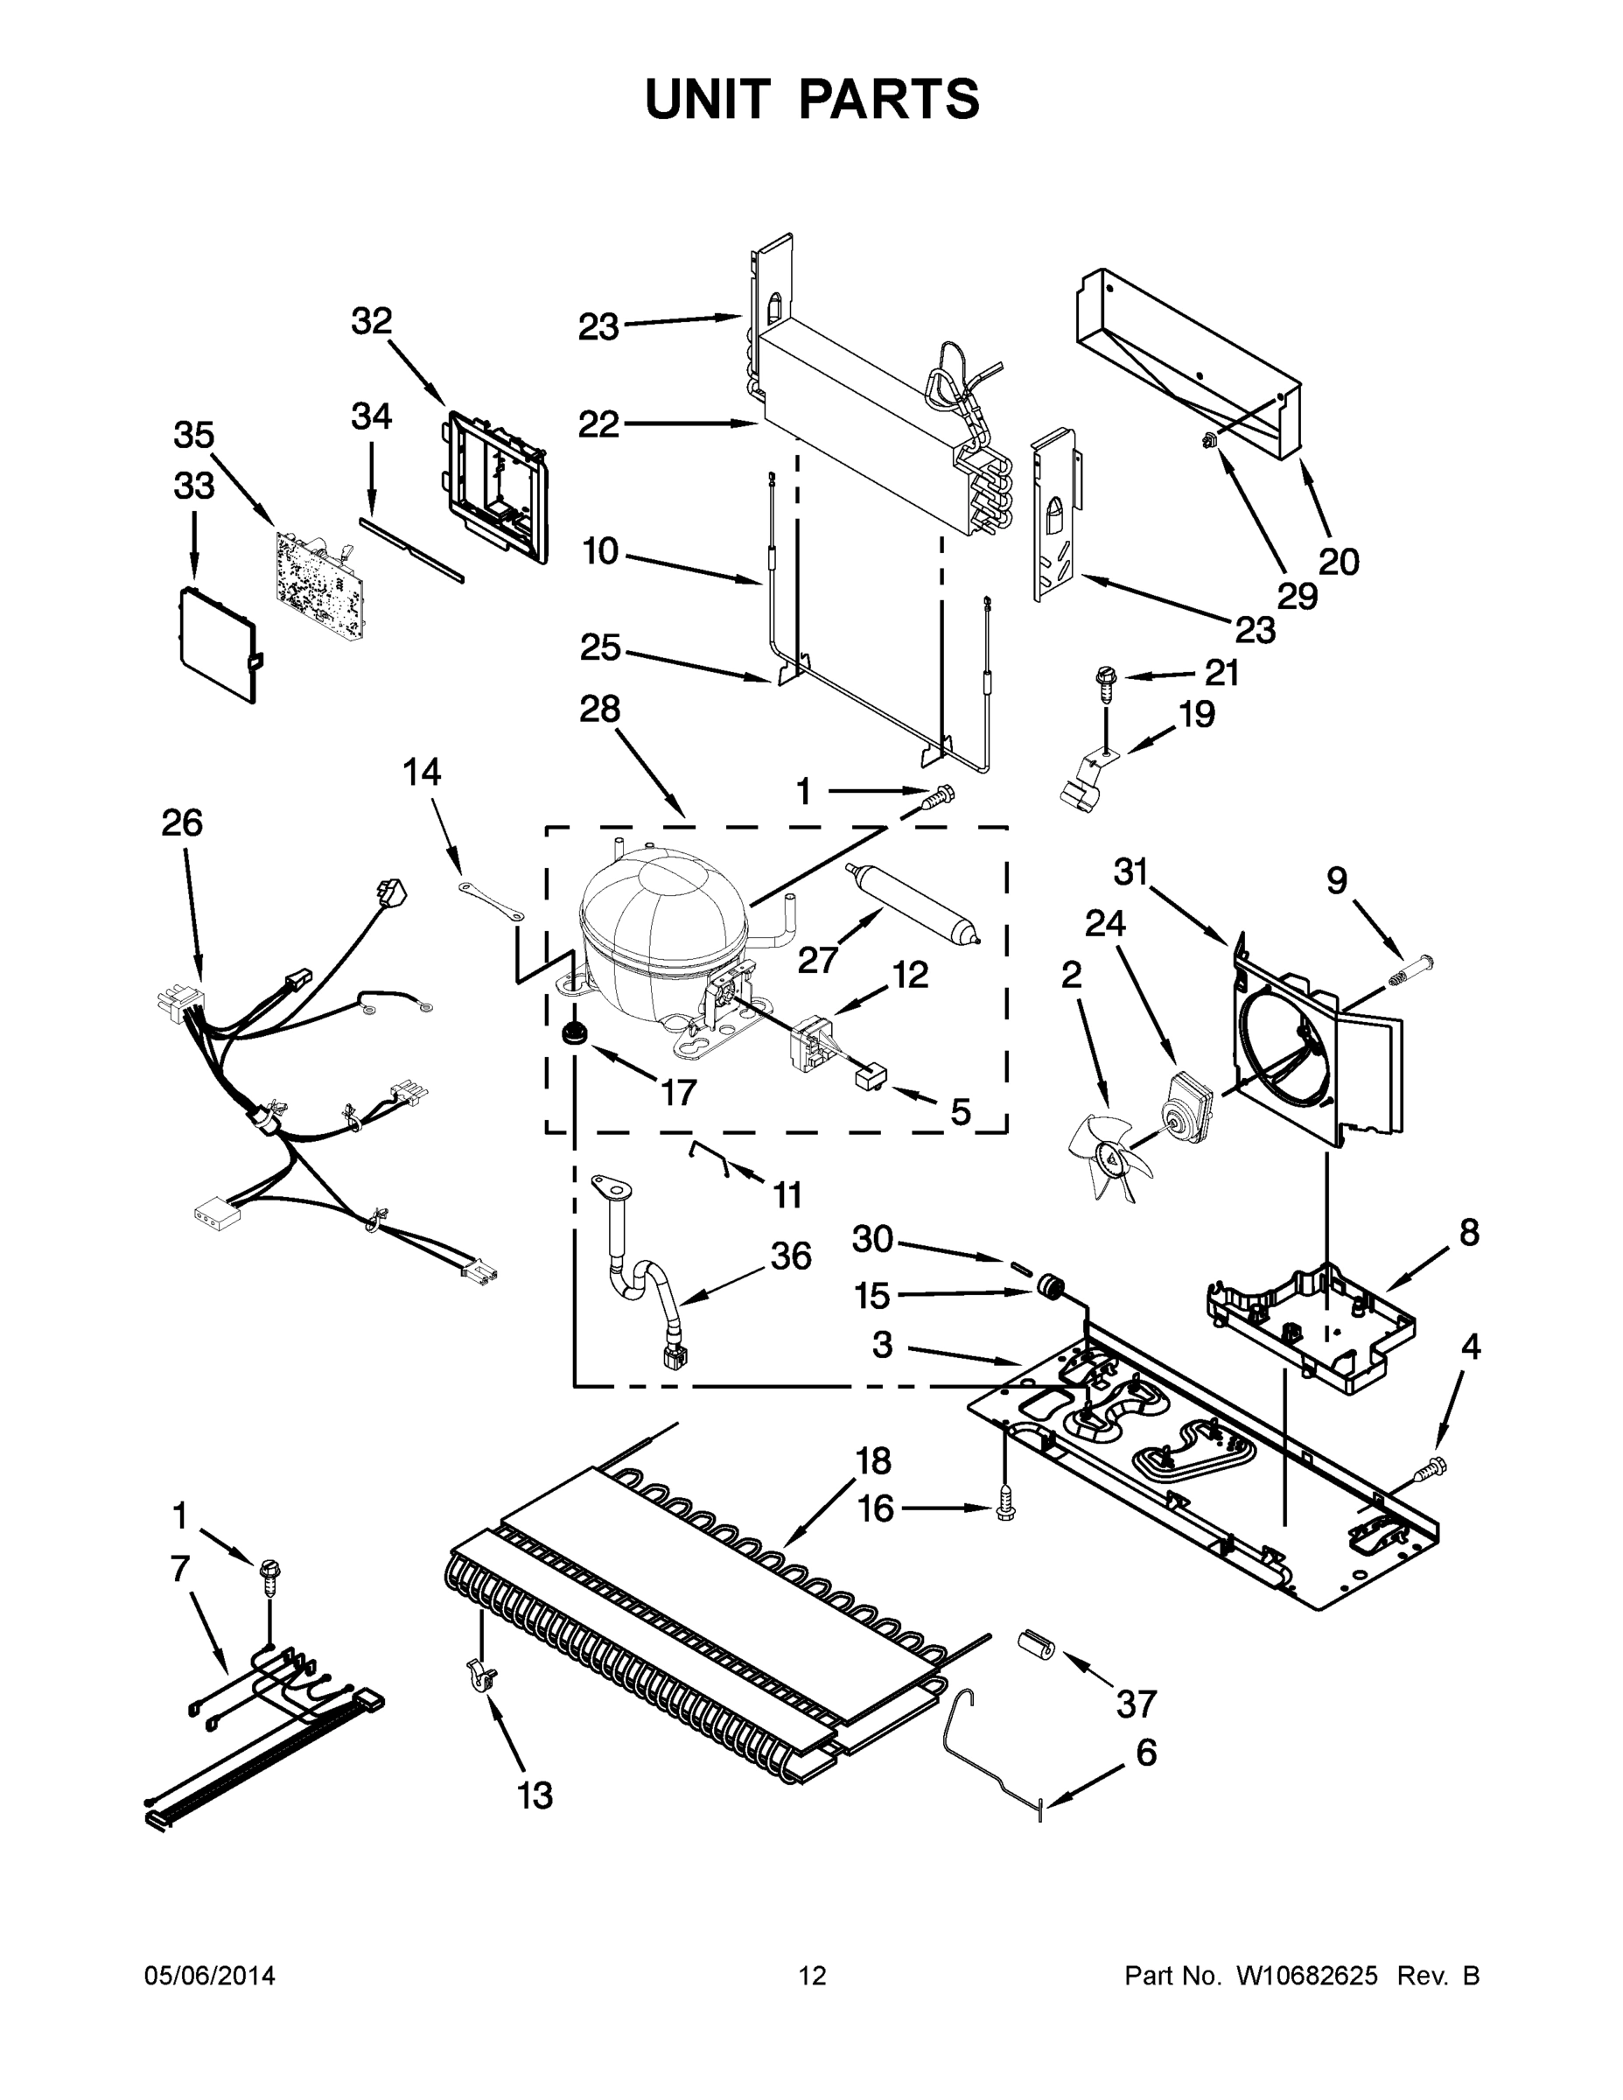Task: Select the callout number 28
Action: (599, 710)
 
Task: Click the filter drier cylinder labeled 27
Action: (913, 905)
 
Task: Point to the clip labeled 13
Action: (480, 1679)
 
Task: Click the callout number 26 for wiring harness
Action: (182, 823)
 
